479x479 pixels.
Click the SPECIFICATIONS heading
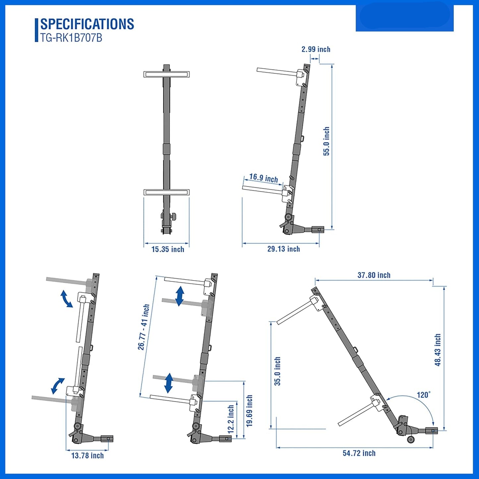(x=87, y=24)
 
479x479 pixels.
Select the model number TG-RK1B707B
(x=71, y=38)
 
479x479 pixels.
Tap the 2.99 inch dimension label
(x=316, y=49)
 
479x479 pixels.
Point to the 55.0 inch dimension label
(x=327, y=141)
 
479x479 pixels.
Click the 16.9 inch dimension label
(x=264, y=178)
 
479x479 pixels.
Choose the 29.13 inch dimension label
(x=284, y=249)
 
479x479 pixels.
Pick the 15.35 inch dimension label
(x=168, y=249)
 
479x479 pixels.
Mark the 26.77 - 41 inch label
(x=144, y=327)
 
